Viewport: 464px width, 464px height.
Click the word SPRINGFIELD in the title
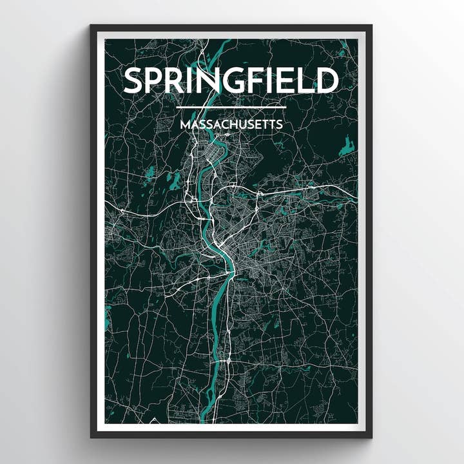click(x=231, y=81)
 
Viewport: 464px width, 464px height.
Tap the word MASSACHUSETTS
click(x=231, y=124)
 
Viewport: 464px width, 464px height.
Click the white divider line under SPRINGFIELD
click(x=231, y=107)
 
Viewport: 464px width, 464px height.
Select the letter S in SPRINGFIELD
click(x=134, y=81)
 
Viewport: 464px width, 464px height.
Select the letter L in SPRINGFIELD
click(x=311, y=81)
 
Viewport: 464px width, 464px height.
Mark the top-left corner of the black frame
click(x=92, y=26)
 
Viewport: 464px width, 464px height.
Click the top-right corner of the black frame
click(x=371, y=26)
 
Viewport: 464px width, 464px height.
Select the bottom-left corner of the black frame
click(x=92, y=437)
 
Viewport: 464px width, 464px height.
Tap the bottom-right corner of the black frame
click(x=371, y=437)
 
